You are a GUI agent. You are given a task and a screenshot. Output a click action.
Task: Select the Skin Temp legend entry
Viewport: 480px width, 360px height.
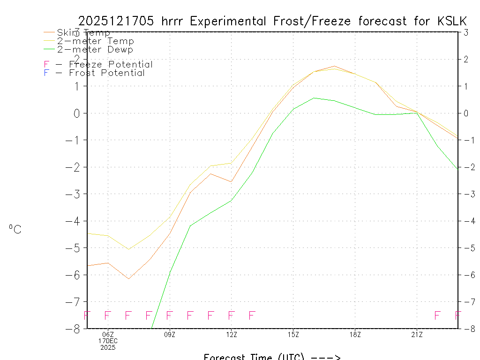83,32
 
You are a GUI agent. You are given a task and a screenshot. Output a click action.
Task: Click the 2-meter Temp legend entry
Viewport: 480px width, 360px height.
95,41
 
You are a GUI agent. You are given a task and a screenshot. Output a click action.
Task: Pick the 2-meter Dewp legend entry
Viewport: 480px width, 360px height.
95,49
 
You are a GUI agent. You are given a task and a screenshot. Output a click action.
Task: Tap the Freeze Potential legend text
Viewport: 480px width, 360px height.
111,64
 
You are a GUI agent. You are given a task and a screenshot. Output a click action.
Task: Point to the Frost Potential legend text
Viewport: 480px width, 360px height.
107,73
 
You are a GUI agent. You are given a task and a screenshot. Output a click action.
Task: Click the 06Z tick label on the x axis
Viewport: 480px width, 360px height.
108,334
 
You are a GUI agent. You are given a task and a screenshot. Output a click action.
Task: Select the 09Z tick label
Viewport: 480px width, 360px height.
170,334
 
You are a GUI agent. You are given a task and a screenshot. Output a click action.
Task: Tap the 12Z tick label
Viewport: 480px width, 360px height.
231,334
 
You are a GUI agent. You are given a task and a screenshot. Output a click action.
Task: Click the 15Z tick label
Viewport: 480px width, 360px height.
293,334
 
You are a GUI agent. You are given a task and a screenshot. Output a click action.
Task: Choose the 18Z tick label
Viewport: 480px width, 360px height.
355,334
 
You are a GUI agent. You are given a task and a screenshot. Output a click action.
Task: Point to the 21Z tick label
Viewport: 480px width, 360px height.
417,334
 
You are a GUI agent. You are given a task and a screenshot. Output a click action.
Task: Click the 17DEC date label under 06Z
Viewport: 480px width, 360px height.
108,341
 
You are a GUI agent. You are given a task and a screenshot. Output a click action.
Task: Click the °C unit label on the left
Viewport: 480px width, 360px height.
15,229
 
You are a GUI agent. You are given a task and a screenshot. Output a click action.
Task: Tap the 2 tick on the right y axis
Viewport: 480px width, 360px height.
466,59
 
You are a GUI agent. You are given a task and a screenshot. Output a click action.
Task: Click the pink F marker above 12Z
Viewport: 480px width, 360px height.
231,315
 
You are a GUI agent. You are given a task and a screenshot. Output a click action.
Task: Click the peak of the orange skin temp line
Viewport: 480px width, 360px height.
334,66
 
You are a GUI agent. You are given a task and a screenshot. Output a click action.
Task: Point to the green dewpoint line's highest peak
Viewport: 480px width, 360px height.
314,98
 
